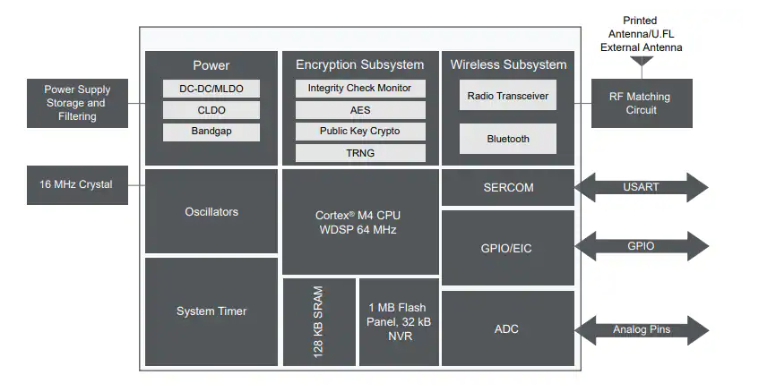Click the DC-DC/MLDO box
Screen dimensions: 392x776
(x=211, y=89)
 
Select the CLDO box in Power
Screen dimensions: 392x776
(x=211, y=110)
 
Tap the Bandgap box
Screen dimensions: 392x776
(x=211, y=132)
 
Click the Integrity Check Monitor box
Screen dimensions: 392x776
(x=359, y=89)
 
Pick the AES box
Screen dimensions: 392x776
(x=359, y=110)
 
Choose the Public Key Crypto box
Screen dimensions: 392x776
(x=359, y=132)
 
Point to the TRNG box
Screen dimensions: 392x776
(x=359, y=153)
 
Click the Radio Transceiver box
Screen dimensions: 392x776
(x=508, y=95)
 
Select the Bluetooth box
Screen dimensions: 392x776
(x=508, y=139)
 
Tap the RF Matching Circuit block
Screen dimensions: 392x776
(x=642, y=103)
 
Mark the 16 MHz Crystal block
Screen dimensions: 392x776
(x=76, y=184)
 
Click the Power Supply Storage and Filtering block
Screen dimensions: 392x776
(x=77, y=103)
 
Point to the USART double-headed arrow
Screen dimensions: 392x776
(x=642, y=188)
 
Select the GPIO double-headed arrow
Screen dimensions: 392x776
(x=642, y=247)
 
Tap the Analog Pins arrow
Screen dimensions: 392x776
(x=642, y=329)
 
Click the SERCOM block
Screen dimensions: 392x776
(x=508, y=188)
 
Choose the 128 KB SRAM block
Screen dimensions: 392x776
(x=319, y=322)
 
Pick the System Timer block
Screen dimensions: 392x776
(x=211, y=311)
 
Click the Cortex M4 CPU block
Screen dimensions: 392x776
(x=359, y=222)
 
